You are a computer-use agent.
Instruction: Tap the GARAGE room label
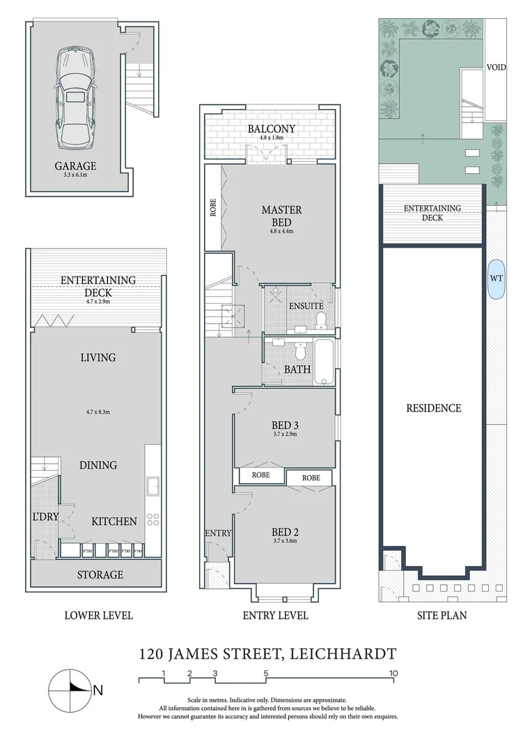click(x=75, y=166)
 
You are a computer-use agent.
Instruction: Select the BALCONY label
click(x=272, y=129)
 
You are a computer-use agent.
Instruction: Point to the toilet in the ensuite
click(x=321, y=319)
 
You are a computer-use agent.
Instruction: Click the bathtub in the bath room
click(x=324, y=362)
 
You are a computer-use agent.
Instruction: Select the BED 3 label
click(x=284, y=425)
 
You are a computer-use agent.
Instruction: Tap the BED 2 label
click(x=284, y=533)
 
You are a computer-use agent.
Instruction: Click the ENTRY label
click(x=218, y=533)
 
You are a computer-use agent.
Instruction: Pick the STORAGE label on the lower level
click(x=100, y=575)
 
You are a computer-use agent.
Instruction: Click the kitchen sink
click(x=152, y=484)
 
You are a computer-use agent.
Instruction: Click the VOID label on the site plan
click(x=496, y=67)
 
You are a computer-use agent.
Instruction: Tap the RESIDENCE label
click(x=433, y=408)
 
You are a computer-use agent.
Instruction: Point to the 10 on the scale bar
click(x=393, y=673)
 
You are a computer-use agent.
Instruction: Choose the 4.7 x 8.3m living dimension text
click(x=97, y=412)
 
